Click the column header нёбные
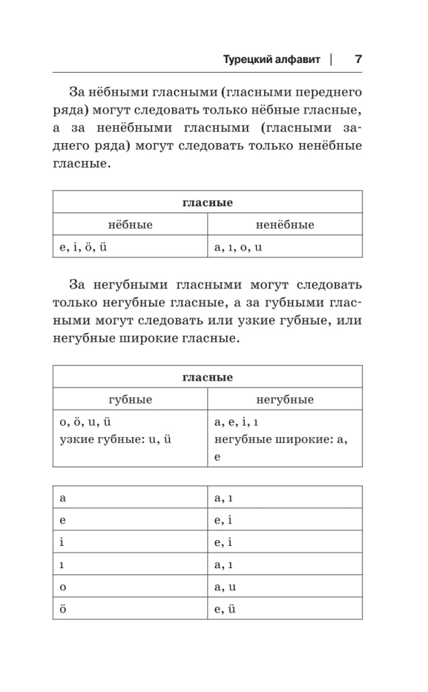(130, 225)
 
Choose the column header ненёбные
(285, 225)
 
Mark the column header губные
(130, 399)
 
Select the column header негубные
(285, 399)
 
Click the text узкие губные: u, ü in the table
(115, 439)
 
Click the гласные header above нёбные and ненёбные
(207, 203)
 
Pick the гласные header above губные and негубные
(207, 377)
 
